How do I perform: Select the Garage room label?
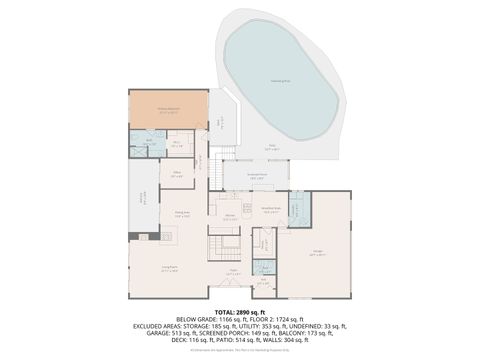(x=317, y=255)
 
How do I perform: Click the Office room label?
(x=178, y=172)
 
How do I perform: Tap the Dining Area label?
(x=183, y=214)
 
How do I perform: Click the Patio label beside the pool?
(x=271, y=146)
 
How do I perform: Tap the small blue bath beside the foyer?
(x=264, y=267)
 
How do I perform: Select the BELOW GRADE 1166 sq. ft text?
(x=200, y=317)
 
